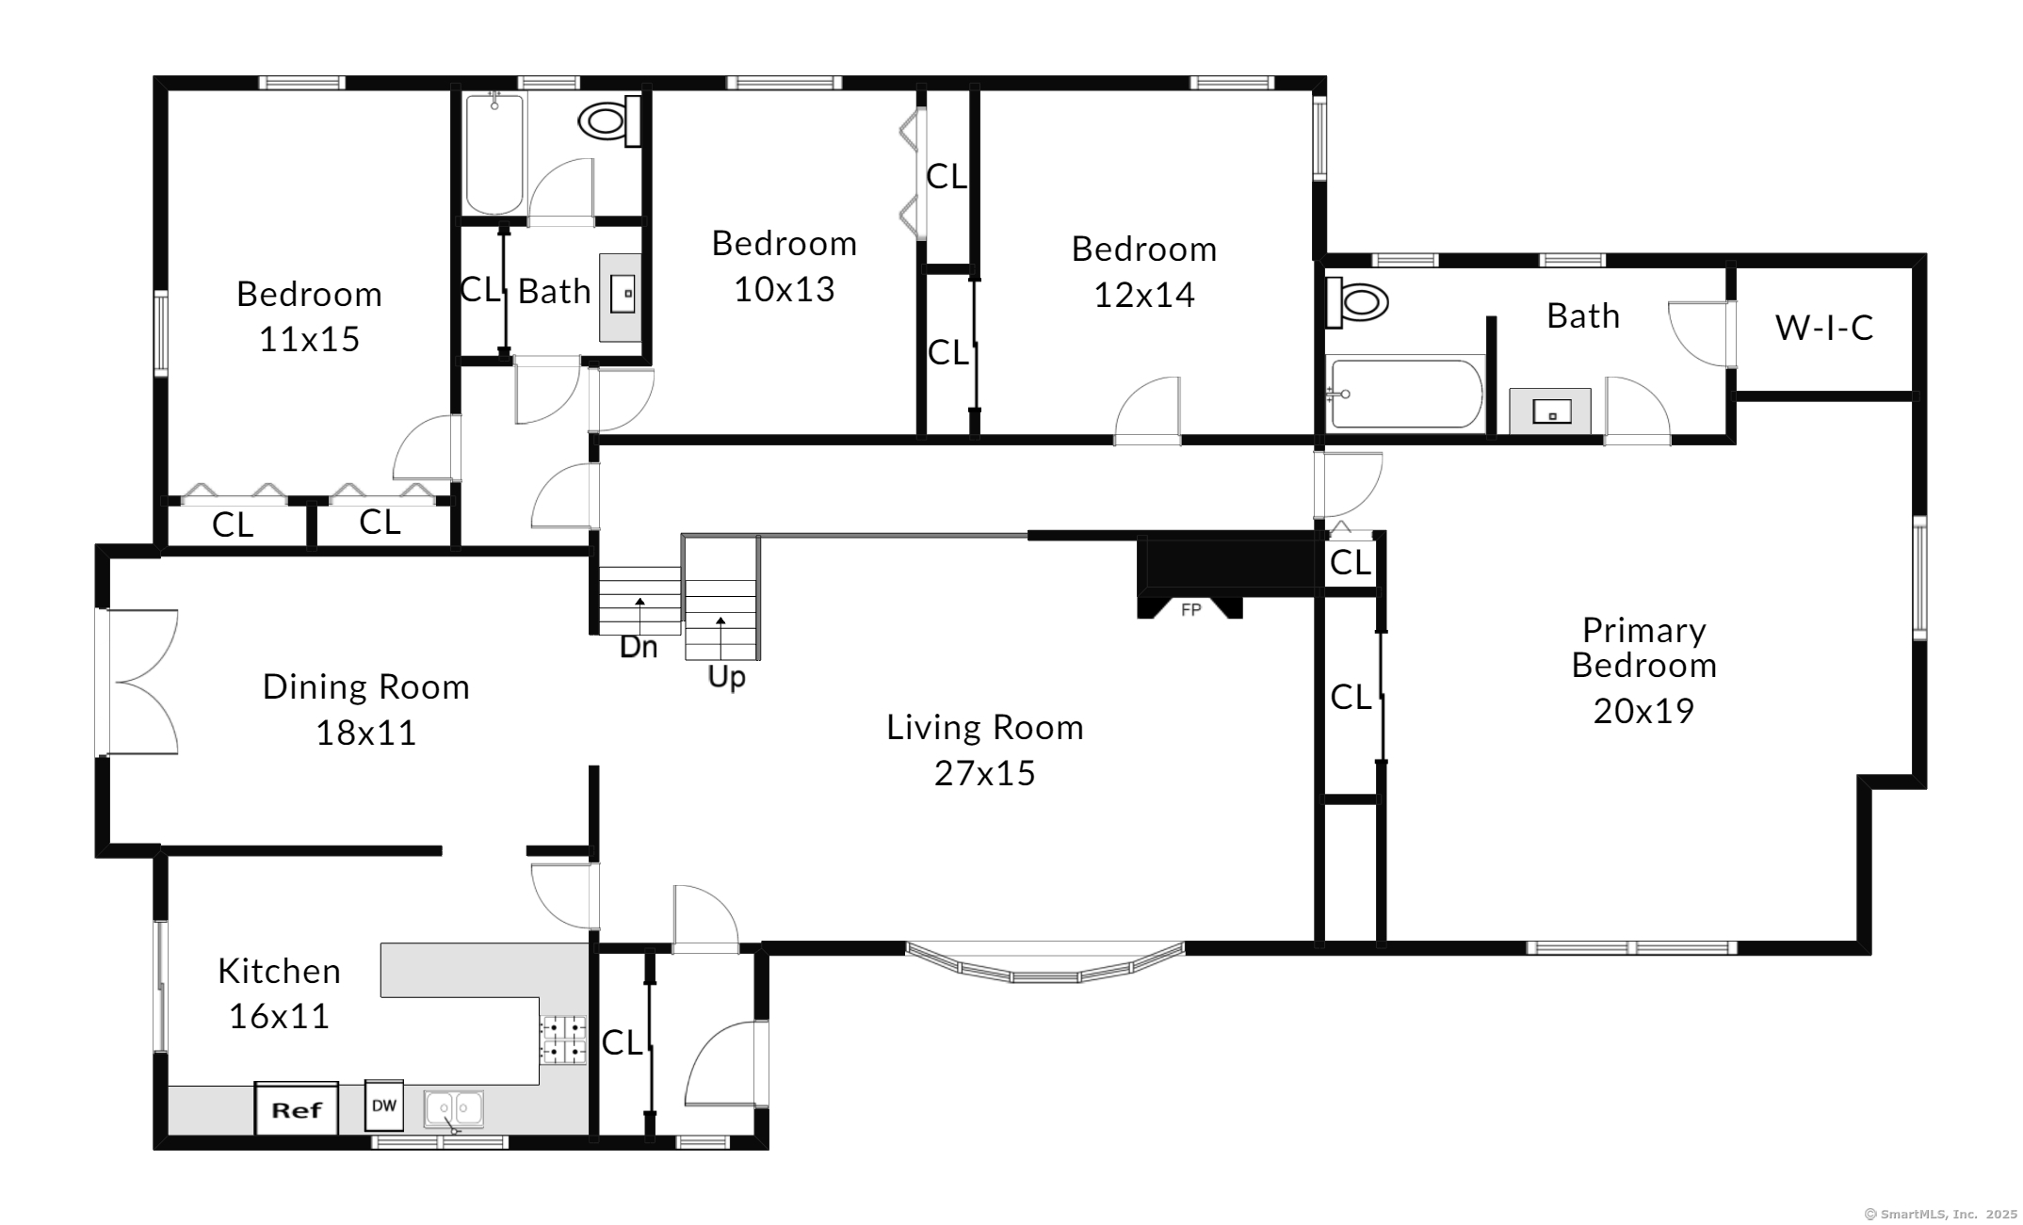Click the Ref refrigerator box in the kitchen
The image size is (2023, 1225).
tap(296, 1108)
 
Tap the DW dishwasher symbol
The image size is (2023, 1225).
tap(384, 1105)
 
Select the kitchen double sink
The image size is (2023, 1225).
tap(454, 1109)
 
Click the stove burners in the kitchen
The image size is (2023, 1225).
tap(563, 1040)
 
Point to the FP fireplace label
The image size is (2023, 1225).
tap(1191, 610)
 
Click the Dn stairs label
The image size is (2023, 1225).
tap(639, 647)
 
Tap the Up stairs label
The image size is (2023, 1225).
tap(726, 677)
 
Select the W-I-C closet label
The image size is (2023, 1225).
tap(1824, 327)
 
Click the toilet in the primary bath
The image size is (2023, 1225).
tap(1357, 302)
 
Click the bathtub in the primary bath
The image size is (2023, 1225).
tap(1405, 394)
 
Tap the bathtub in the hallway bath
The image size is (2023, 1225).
tap(494, 153)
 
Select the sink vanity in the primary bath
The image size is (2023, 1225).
tap(1550, 411)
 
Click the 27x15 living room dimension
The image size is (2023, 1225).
tap(984, 773)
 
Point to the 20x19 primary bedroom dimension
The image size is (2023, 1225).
tap(1643, 710)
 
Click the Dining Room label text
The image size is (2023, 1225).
tap(366, 686)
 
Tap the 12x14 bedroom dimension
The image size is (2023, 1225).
tap(1144, 295)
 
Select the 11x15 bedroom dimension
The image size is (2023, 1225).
tap(309, 339)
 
